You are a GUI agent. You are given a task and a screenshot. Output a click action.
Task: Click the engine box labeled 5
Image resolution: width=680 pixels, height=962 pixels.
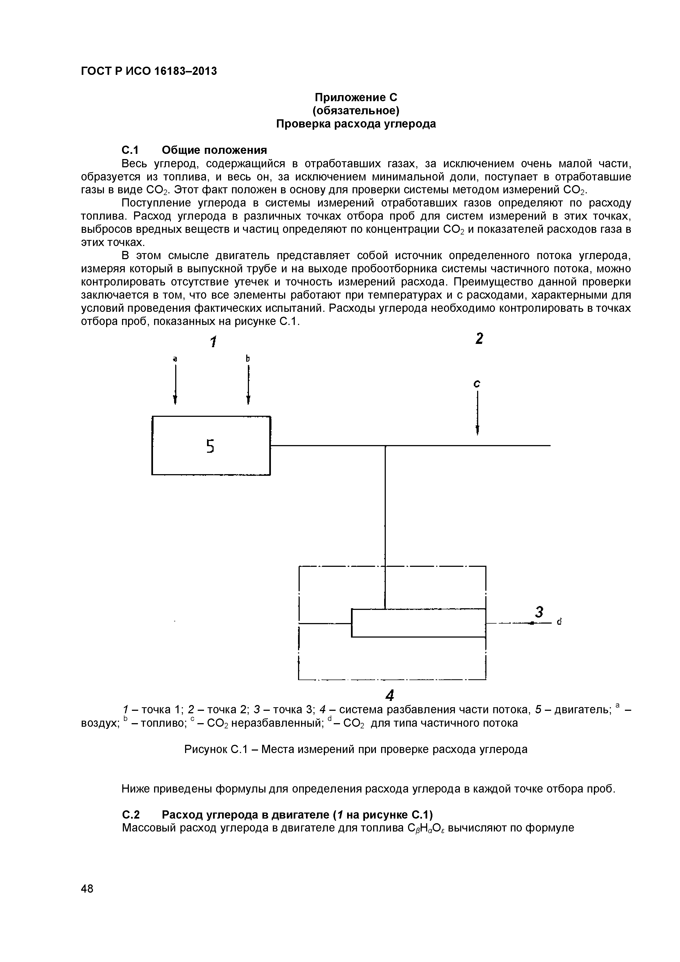pyautogui.click(x=211, y=445)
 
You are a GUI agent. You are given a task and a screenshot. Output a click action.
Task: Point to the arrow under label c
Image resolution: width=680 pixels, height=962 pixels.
pyautogui.click(x=477, y=413)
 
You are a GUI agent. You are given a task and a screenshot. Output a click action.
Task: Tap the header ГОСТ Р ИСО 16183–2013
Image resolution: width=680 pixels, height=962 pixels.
pyautogui.click(x=149, y=71)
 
